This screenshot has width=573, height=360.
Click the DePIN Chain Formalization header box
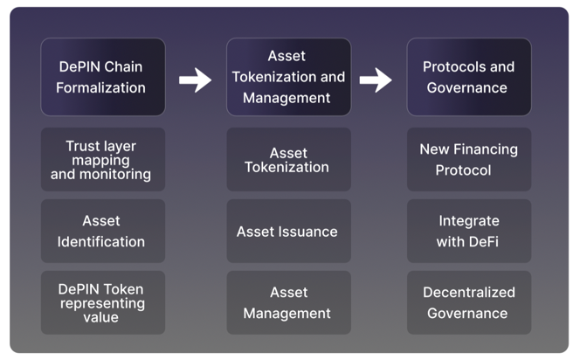coord(102,77)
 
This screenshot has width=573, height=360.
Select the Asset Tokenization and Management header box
coord(287,77)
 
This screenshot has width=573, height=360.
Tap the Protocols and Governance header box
coord(468,77)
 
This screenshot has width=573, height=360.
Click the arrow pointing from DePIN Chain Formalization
coord(195,81)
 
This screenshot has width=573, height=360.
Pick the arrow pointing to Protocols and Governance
coord(376,81)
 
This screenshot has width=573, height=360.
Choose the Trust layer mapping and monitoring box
coord(102,160)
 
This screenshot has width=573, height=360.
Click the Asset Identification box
coord(102,232)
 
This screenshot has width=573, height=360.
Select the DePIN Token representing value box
coord(102,302)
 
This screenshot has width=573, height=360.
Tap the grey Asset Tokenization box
coord(287,160)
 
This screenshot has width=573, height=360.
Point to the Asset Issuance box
coord(287,232)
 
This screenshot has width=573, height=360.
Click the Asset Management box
coord(287,302)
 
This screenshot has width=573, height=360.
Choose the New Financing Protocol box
coord(468,160)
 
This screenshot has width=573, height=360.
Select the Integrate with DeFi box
coord(468,232)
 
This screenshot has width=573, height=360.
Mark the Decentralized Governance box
coord(468,302)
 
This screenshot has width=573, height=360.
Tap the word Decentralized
coord(468,293)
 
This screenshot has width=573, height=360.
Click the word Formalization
coord(102,87)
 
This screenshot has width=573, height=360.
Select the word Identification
coord(102,242)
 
